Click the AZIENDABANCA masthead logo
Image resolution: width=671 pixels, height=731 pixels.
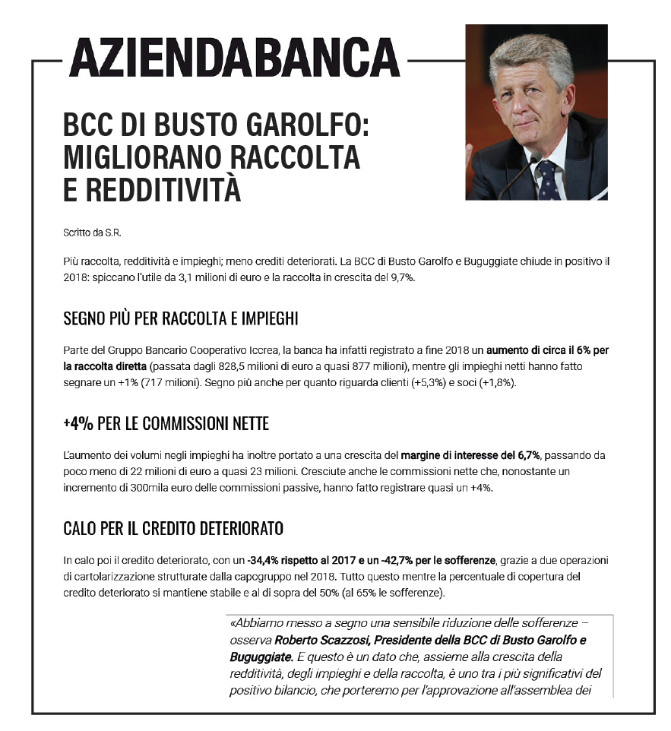point(234,57)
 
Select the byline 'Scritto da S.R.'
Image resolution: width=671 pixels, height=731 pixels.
point(92,232)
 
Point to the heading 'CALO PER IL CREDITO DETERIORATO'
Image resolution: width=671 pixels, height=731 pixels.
point(174,527)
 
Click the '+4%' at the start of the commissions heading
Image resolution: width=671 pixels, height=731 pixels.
point(78,423)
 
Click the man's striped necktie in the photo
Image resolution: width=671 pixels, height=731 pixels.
point(546,182)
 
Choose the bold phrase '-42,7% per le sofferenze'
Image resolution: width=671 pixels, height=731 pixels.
point(431,561)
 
